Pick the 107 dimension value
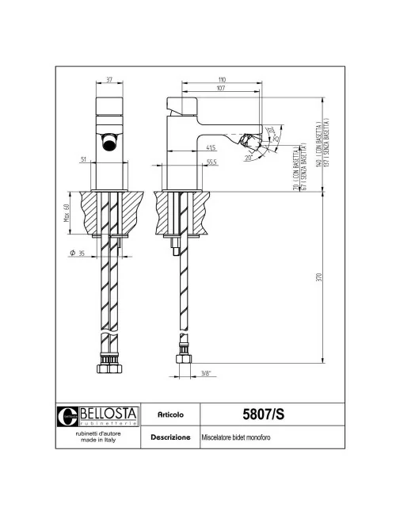click(x=222, y=89)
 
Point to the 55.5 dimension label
click(x=212, y=162)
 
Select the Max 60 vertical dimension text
click(x=67, y=213)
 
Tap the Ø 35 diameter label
click(x=77, y=254)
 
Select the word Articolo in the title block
click(x=171, y=414)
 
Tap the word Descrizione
click(x=171, y=437)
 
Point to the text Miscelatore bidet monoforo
click(x=236, y=437)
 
